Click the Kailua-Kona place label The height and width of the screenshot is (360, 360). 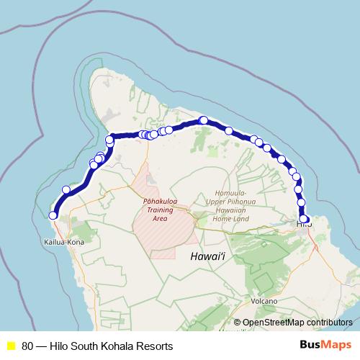[66, 243]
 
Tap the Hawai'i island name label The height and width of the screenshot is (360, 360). [207, 256]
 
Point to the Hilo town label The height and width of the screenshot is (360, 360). [305, 225]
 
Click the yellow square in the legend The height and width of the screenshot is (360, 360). [11, 346]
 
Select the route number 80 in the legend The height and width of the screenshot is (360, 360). [28, 346]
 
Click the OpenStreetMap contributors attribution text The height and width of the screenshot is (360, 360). [297, 323]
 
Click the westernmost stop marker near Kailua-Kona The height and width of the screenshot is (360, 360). [53, 215]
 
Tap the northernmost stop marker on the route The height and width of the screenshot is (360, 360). [204, 120]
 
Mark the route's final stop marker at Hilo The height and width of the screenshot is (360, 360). [305, 219]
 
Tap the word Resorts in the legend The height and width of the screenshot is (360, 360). [157, 346]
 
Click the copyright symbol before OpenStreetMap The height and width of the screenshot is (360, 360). [237, 323]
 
